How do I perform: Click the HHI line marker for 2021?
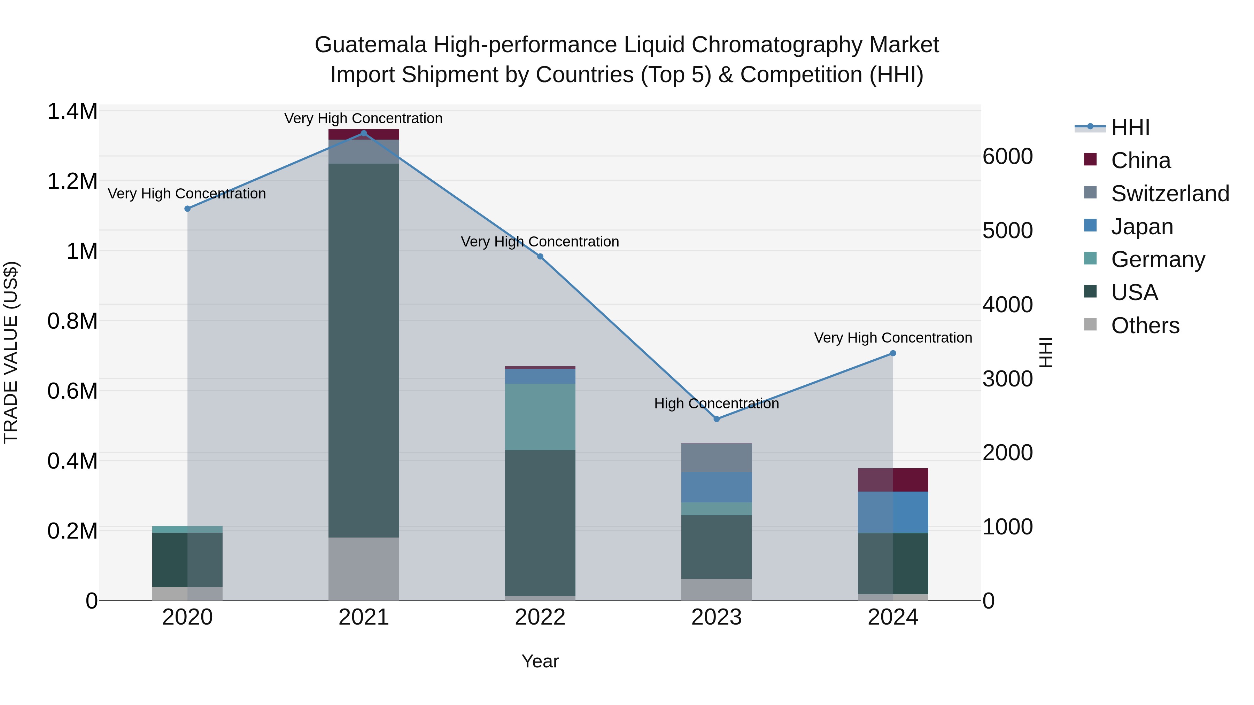click(x=364, y=133)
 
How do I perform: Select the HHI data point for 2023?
click(x=716, y=419)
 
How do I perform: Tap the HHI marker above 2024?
click(x=892, y=353)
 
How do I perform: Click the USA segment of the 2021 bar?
click(x=364, y=350)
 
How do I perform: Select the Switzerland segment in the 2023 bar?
click(x=716, y=457)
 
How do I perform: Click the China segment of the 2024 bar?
click(x=892, y=480)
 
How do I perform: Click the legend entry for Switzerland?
click(x=1169, y=194)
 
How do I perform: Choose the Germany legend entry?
click(x=1158, y=259)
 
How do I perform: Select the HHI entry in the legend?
click(x=1130, y=127)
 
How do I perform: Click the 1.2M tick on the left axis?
click(x=72, y=181)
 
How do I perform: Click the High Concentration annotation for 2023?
click(x=716, y=404)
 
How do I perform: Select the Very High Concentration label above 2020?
click(x=187, y=194)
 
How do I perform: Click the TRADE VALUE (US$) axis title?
click(x=11, y=352)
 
